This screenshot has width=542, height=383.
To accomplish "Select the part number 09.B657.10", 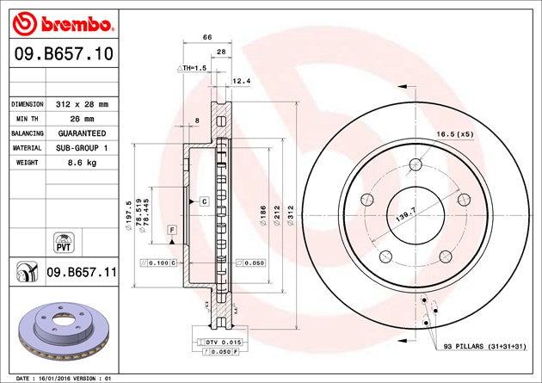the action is point(64,54).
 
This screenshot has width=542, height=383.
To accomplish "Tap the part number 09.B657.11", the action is point(82,272).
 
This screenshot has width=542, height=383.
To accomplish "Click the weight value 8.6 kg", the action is point(82,163).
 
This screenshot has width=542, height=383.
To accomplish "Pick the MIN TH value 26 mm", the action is point(82,119).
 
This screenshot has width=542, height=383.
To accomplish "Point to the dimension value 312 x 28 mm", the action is point(82,104).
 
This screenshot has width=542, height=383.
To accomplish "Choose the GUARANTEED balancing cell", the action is point(82,133).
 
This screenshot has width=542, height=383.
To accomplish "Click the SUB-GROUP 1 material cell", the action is point(82,148).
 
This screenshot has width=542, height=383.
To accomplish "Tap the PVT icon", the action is point(64,243).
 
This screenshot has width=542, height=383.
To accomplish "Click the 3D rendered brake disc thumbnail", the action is point(64,331).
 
